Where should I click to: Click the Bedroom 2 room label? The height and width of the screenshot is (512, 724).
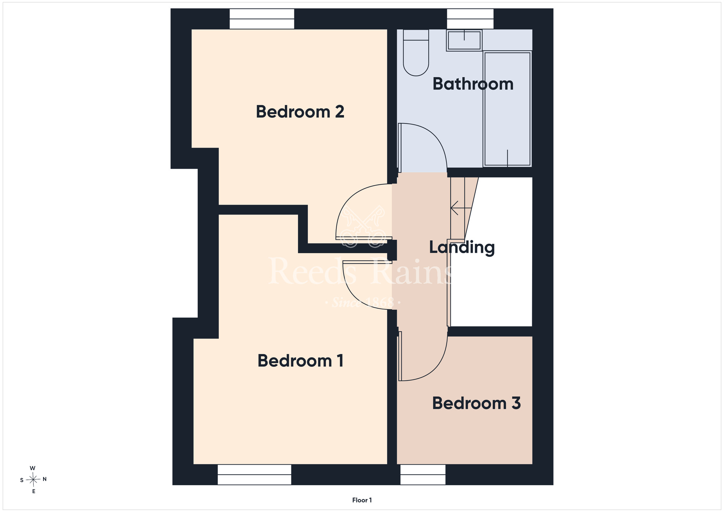pos(300,112)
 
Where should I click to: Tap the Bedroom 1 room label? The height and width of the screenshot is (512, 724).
pos(300,361)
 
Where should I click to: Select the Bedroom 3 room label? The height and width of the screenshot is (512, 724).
pos(476,403)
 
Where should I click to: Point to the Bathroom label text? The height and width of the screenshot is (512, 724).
pos(473,84)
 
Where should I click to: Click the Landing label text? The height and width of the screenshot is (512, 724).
pos(462,248)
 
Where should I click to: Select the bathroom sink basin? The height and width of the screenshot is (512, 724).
pos(464,40)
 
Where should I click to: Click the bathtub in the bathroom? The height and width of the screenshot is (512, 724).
pos(508,109)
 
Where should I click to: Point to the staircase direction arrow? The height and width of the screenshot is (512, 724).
pos(461,208)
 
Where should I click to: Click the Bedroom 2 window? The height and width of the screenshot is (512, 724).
pos(262,19)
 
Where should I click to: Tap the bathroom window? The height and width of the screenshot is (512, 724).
pos(470,19)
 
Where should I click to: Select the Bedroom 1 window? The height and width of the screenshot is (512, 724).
pos(254,474)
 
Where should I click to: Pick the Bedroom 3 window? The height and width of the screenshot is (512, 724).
pos(423,474)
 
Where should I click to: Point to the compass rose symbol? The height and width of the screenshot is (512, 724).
pos(33,480)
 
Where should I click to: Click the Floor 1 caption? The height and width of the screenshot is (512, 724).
pos(362,500)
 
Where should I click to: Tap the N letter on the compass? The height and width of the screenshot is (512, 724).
pos(45,479)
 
